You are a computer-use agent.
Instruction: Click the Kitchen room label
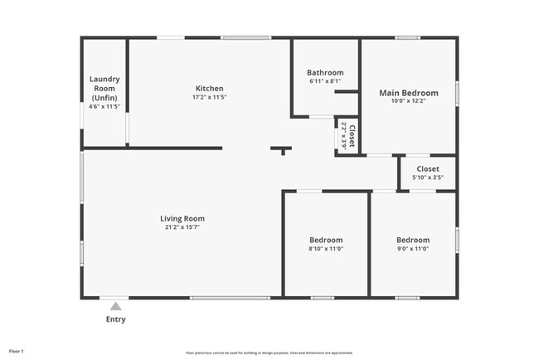209,89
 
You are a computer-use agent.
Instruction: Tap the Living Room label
182,219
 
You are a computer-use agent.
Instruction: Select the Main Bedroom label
409,93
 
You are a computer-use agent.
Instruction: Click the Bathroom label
325,72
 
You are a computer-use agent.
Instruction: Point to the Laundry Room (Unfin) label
105,89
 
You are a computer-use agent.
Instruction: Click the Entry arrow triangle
115,306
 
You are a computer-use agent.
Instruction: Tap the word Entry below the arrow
115,319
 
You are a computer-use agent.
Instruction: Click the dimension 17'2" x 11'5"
209,97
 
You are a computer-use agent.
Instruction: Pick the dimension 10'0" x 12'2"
409,102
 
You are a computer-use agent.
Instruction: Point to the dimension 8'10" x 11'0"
326,249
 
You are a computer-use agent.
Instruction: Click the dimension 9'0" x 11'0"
413,249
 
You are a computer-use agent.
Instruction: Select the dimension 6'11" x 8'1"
325,80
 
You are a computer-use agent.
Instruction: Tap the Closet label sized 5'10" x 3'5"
428,168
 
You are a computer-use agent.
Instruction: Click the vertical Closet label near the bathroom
352,134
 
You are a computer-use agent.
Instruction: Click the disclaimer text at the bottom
269,351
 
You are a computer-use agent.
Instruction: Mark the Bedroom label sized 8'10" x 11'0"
326,240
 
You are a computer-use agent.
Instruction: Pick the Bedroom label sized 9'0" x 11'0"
413,240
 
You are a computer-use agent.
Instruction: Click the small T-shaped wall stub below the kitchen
282,150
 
